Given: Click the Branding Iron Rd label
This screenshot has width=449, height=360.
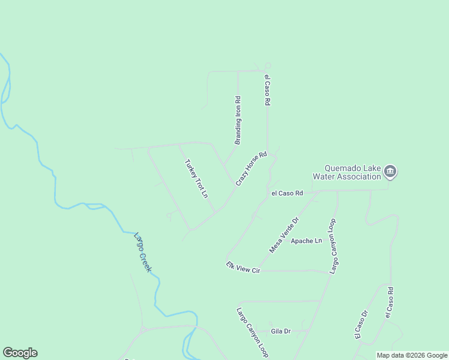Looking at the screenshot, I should pos(238,121).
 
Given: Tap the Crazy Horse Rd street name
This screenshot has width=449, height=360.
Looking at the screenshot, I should pos(251,169).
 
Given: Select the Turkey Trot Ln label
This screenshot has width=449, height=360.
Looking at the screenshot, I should pos(196,179).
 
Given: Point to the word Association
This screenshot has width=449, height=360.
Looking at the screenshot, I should pos(358,176).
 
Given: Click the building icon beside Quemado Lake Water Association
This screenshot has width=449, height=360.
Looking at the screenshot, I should pos(390,172).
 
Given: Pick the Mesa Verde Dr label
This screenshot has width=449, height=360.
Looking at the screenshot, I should pos(284,235).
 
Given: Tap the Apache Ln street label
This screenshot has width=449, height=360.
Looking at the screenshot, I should pos(306,241).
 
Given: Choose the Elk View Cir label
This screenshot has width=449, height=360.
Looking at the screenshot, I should pos(243,268).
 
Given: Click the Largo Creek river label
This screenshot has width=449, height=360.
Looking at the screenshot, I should pos(142,252).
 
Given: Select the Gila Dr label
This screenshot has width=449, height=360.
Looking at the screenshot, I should pos(281,331).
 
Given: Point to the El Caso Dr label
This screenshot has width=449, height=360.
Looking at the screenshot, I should pos(361,325).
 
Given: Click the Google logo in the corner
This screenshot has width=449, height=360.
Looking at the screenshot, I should pos(20,353).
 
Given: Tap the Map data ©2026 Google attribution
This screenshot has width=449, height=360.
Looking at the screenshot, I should pos(412,355).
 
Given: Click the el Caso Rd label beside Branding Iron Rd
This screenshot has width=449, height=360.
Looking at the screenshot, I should pos(268,90).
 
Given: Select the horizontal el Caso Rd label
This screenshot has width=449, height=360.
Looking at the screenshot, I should pos(287,193).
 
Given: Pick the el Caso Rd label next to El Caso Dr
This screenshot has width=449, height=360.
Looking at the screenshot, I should pos(389,302).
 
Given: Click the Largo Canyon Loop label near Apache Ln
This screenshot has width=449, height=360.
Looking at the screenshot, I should pos(333,247).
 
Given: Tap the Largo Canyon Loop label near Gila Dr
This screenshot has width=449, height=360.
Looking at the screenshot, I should pos(252,333).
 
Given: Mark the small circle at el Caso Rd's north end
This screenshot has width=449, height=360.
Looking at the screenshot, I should pos(268,66).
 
